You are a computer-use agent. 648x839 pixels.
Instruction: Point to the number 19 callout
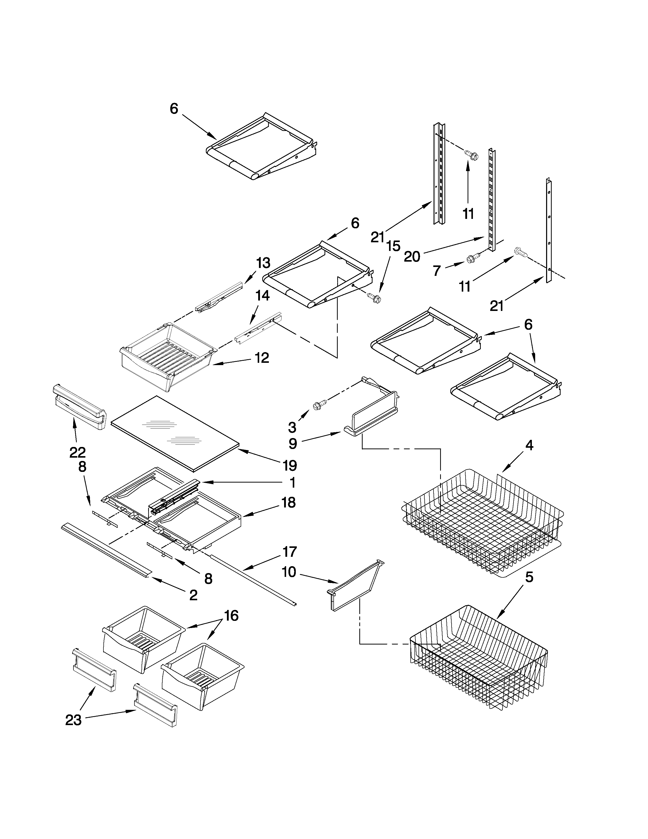coord(290,466)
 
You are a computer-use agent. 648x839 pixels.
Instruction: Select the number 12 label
coord(262,358)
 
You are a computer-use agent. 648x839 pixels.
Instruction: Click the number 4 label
coord(529,446)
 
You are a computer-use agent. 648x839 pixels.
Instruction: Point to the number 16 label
coord(231,616)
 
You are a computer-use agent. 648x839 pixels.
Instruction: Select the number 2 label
coord(193,595)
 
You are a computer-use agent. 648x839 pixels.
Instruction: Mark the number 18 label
coord(289,502)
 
